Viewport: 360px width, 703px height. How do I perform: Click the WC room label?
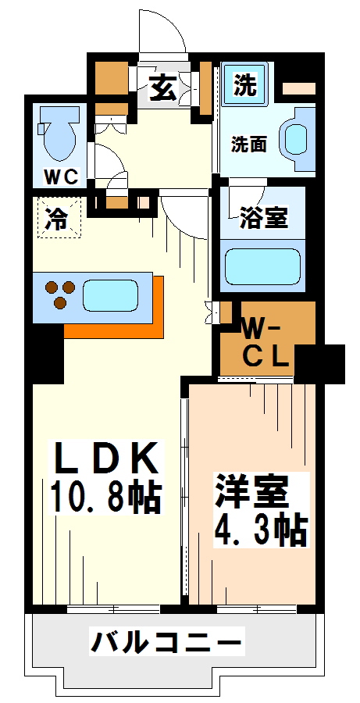(x=60, y=177)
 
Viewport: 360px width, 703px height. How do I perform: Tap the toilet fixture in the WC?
(x=60, y=133)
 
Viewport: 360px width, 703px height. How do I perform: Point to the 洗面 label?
(x=248, y=144)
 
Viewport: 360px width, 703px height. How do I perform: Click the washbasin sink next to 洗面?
(x=298, y=137)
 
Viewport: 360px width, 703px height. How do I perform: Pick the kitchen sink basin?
(x=109, y=297)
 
